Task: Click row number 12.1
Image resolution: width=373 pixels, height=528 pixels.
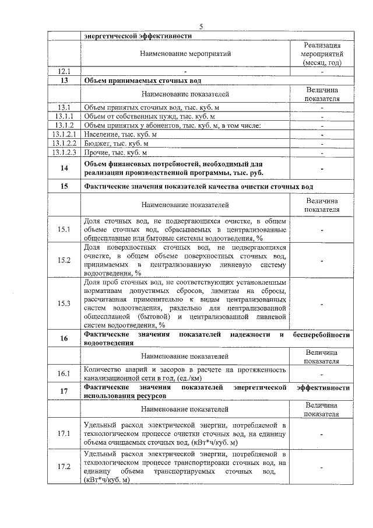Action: click(x=64, y=71)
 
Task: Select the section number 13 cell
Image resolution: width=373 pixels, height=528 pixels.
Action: click(x=64, y=81)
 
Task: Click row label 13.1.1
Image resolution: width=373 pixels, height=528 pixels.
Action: click(x=64, y=116)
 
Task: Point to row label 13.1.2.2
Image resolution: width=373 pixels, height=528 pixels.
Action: click(x=64, y=143)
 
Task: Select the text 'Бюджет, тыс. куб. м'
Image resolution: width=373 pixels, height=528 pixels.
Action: click(x=112, y=143)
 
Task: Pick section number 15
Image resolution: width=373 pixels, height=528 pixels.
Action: click(x=64, y=186)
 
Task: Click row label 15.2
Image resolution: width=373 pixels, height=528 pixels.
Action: click(x=64, y=260)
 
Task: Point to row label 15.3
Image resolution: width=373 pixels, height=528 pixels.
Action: click(x=64, y=303)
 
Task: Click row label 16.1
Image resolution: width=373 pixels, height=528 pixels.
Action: click(x=64, y=373)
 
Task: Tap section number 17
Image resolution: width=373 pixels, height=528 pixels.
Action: click(x=64, y=391)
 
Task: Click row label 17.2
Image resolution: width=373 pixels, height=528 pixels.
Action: click(x=64, y=467)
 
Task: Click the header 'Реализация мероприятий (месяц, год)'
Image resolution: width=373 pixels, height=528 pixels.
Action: click(x=322, y=54)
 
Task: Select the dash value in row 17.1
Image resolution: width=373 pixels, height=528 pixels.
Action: click(x=322, y=434)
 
